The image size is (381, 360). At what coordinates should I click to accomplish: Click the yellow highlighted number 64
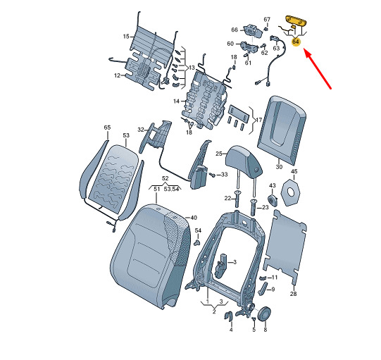[x=296, y=42]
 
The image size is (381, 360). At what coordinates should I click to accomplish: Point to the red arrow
[x=318, y=69]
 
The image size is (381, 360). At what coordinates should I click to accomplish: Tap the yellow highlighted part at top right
[x=296, y=21]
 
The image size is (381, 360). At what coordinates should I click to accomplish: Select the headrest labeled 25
[x=244, y=161]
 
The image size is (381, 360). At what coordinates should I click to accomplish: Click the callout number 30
[x=279, y=167]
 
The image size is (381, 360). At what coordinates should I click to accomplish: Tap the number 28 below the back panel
[x=293, y=294]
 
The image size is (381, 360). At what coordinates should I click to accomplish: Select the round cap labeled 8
[x=264, y=314]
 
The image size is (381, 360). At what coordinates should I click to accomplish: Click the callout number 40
[x=194, y=218]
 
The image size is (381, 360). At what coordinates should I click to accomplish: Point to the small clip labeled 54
[x=198, y=242]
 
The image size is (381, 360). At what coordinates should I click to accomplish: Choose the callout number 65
[x=107, y=128]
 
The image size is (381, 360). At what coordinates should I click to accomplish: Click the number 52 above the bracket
[x=165, y=178]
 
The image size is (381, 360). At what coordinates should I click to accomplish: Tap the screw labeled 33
[x=212, y=175]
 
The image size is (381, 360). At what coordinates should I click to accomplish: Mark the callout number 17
[x=259, y=120]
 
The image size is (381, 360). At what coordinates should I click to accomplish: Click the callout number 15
[x=126, y=37]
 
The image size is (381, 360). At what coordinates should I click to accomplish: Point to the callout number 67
[x=267, y=19]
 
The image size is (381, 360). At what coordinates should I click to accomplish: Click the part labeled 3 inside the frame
[x=220, y=266]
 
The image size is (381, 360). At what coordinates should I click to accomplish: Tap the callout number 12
[x=117, y=75]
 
